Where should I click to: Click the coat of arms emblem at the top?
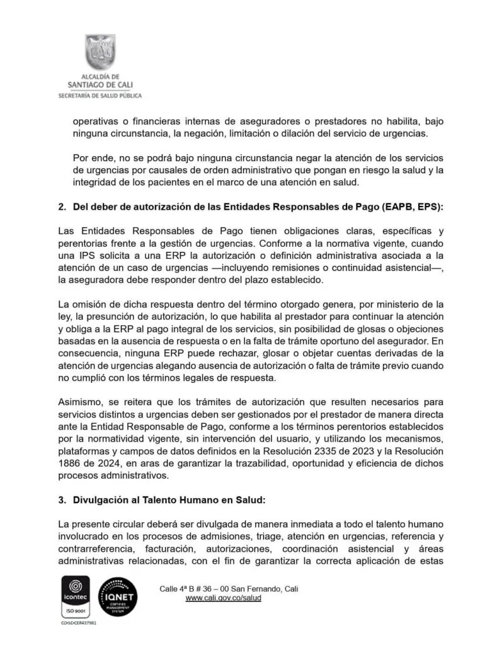pyautogui.click(x=100, y=53)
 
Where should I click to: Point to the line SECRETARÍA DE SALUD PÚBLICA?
pyautogui.click(x=100, y=96)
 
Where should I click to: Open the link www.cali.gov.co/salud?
pyautogui.click(x=224, y=598)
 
